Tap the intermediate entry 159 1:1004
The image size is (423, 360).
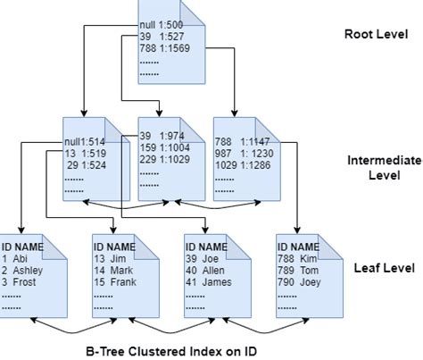pos(166,147)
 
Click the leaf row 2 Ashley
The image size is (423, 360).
pos(23,268)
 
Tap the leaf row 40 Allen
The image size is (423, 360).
pos(207,268)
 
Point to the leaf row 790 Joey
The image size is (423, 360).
pos(300,281)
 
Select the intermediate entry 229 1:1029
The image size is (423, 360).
pos(166,158)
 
